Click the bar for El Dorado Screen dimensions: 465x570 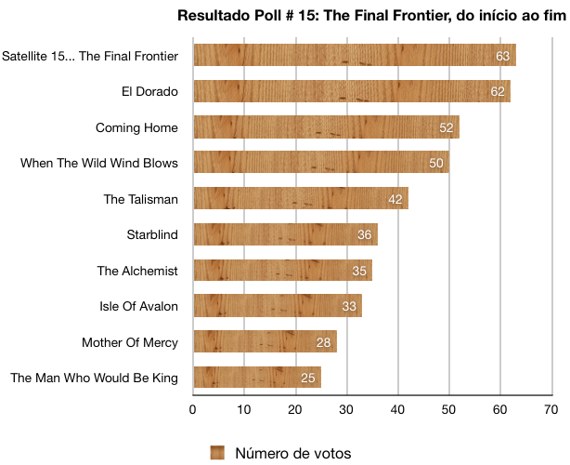click(351, 91)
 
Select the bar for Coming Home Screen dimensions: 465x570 click(325, 127)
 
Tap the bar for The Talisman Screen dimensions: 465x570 click(300, 199)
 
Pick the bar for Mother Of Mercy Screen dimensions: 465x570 click(265, 342)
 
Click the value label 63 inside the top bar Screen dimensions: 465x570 click(503, 56)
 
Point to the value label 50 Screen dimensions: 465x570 click(436, 164)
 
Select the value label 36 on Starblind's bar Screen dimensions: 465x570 click(365, 235)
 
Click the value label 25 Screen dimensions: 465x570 click(308, 379)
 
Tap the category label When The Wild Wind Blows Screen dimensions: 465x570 click(98, 163)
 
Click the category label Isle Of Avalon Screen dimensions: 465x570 click(138, 306)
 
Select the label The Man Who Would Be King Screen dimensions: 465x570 click(93, 378)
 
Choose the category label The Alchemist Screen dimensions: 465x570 click(137, 271)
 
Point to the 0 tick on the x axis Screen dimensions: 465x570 click(193, 408)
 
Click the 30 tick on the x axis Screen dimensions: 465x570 click(346, 408)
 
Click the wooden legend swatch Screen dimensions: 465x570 click(218, 453)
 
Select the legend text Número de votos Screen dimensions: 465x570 click(293, 453)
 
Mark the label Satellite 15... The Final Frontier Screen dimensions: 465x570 click(90, 56)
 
